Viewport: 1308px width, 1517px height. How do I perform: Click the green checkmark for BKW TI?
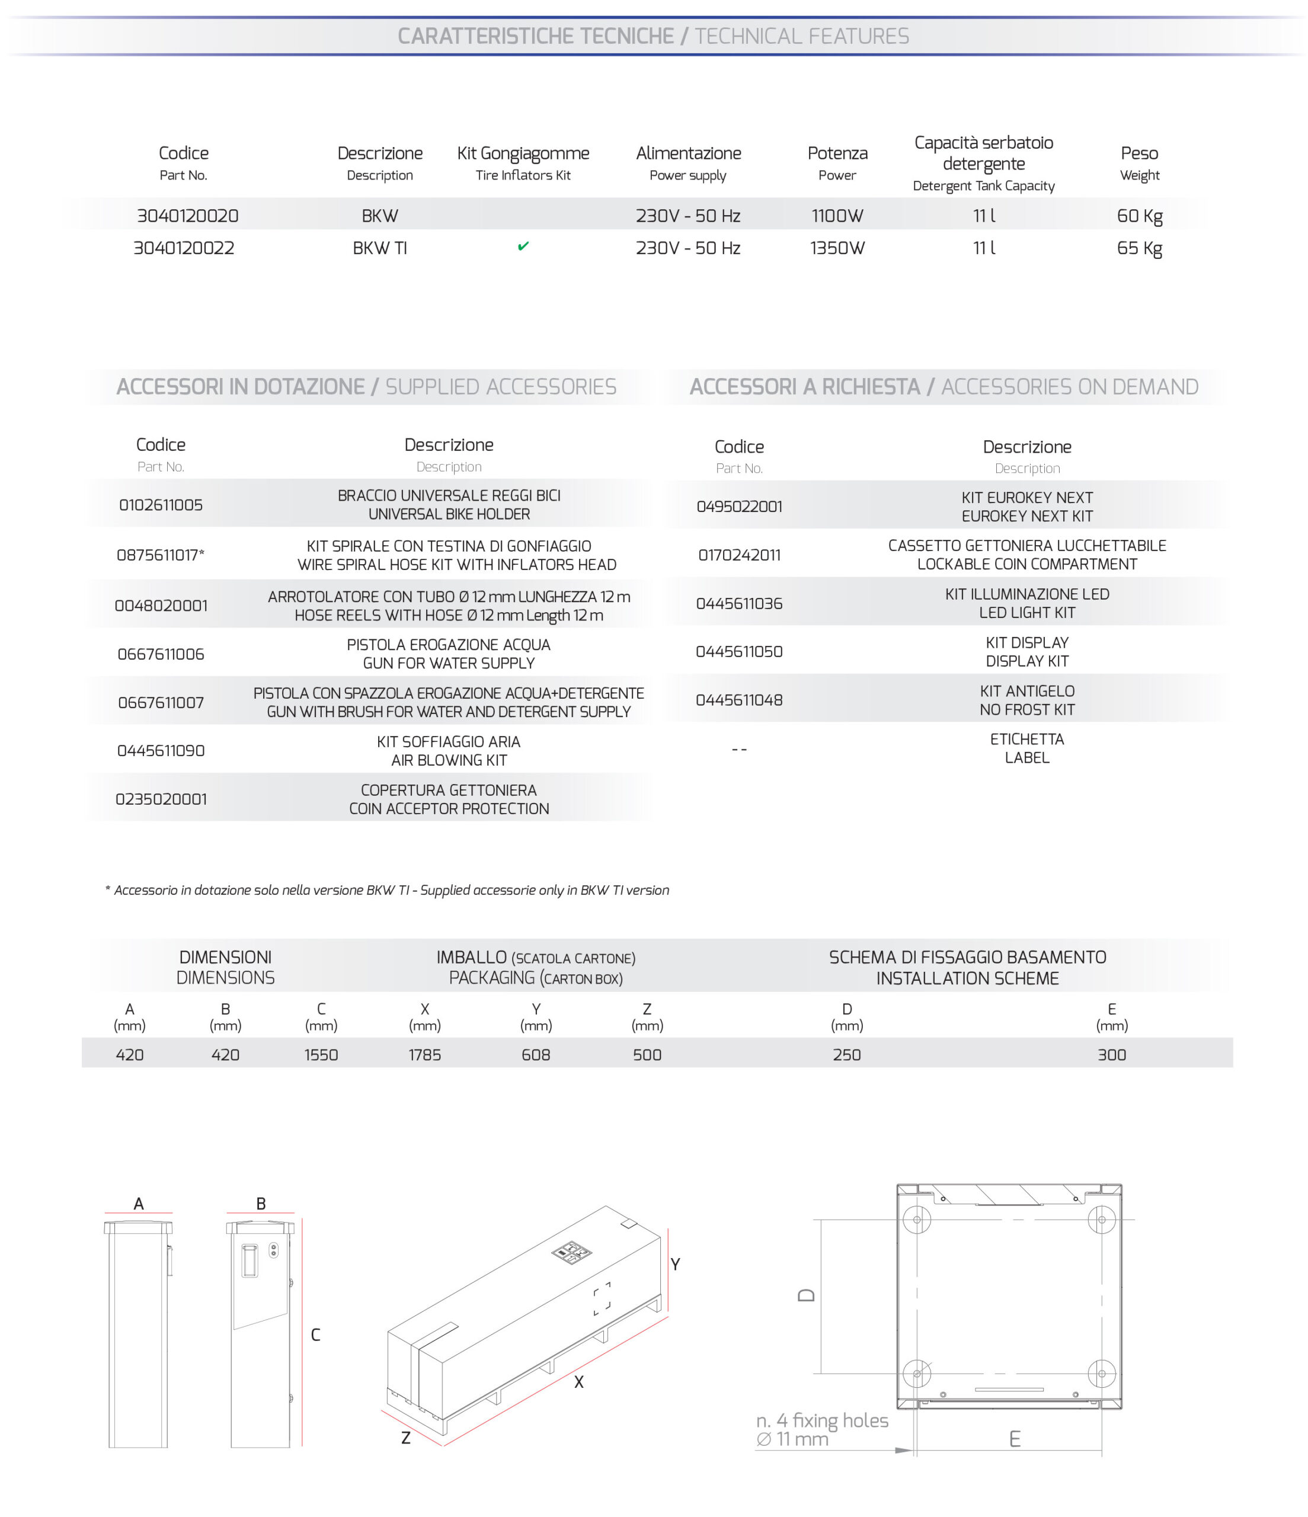523,247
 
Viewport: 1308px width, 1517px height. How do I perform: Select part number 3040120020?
187,216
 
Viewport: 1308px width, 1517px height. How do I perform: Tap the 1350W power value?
837,248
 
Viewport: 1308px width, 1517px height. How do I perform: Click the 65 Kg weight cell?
1139,248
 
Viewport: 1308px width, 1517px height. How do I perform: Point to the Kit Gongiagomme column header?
523,153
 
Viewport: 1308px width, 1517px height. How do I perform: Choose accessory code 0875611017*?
161,555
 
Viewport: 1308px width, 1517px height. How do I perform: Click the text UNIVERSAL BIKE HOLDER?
449,514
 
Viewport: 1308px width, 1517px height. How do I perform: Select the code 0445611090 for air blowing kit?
161,750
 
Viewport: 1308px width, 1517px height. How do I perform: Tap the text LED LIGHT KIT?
1026,613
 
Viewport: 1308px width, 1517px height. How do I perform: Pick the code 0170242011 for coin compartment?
739,555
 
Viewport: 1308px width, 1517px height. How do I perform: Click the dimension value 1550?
321,1054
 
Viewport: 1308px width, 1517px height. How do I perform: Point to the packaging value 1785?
425,1054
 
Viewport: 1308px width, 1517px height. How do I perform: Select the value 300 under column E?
1111,1054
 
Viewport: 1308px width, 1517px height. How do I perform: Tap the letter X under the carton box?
578,1381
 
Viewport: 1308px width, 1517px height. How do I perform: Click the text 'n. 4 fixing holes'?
821,1420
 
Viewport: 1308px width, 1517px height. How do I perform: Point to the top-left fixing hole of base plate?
916,1219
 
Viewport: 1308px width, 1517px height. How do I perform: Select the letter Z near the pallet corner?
406,1438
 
